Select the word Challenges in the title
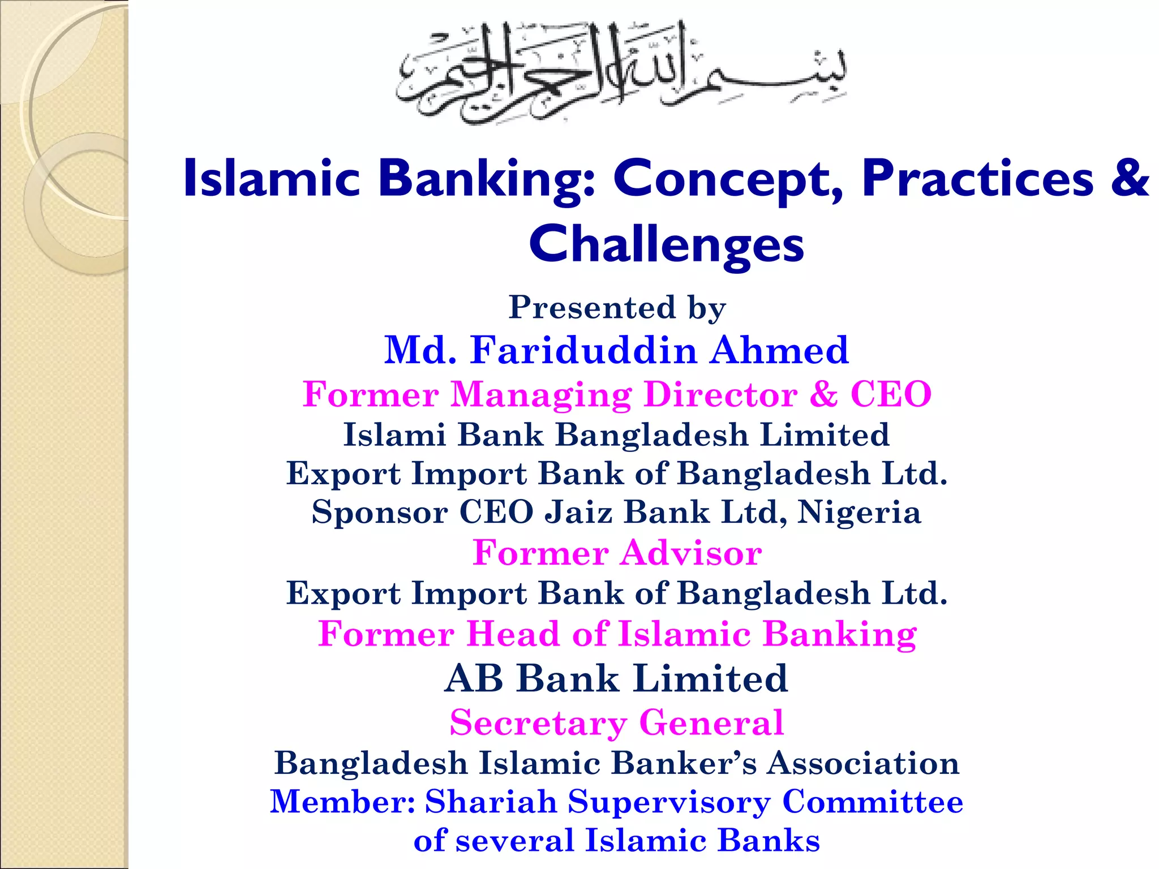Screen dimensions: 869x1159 coord(666,244)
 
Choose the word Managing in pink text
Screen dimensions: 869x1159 coord(541,394)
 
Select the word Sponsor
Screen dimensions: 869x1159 coord(380,512)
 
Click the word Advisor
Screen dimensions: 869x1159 coord(691,553)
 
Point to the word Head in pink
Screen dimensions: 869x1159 coord(513,634)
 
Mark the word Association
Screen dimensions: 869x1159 coord(863,763)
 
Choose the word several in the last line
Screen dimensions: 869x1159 coord(515,840)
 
